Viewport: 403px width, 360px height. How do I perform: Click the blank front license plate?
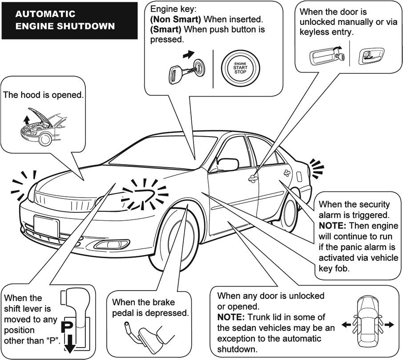coord(46,226)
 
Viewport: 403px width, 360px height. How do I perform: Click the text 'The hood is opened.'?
coord(43,95)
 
